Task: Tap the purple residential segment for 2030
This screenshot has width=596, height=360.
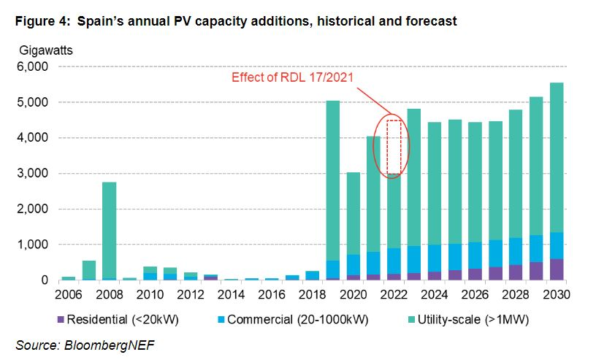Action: [x=557, y=269]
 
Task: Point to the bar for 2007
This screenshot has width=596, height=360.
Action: [x=88, y=270]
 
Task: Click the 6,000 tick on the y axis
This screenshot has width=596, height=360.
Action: [x=32, y=66]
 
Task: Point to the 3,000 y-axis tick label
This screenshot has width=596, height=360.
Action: [x=32, y=174]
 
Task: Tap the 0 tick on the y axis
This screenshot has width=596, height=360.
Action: [x=44, y=280]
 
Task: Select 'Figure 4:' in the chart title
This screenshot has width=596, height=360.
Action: [x=40, y=21]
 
